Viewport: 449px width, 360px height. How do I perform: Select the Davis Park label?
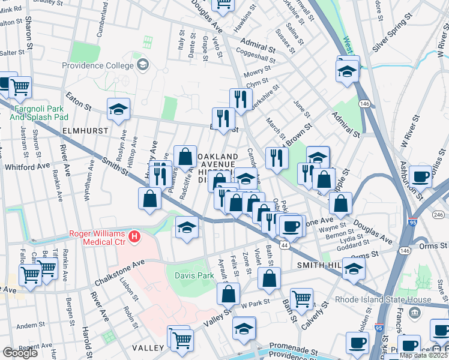(194, 276)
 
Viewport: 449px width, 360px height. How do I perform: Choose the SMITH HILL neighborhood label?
(318, 265)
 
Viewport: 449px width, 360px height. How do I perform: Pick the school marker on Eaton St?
(118, 109)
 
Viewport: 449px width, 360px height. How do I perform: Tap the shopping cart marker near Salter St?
(20, 87)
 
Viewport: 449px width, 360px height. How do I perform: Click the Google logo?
(20, 353)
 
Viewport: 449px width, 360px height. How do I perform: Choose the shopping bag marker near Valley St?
(229, 294)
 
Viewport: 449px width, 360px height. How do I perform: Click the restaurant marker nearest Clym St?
(240, 98)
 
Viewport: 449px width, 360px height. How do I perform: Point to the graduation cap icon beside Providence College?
(143, 64)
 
